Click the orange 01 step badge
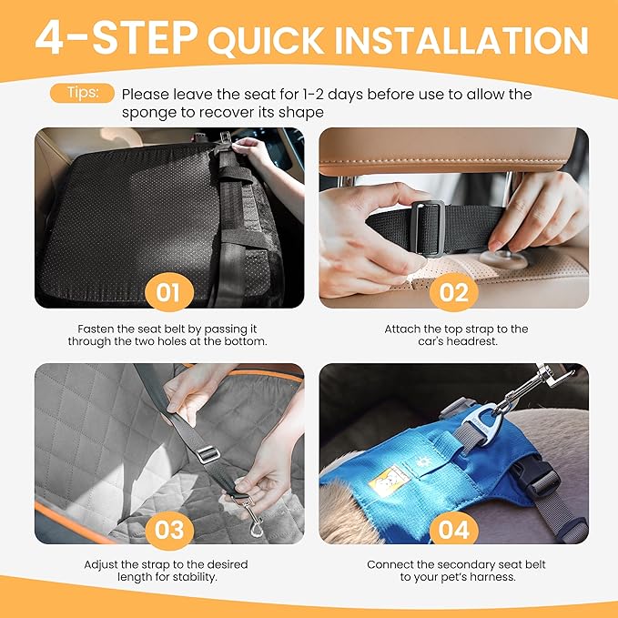pyautogui.click(x=168, y=293)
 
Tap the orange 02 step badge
pyautogui.click(x=453, y=293)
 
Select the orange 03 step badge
pyautogui.click(x=168, y=530)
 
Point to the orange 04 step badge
pyautogui.click(x=453, y=530)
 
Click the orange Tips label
pyautogui.click(x=89, y=93)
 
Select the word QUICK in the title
pyautogui.click(x=270, y=41)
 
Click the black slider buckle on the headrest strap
pyautogui.click(x=428, y=228)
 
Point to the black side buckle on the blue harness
pyautogui.click(x=542, y=473)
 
